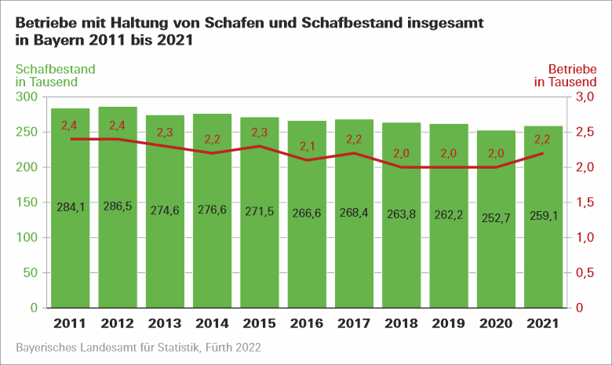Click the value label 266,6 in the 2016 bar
click(x=308, y=212)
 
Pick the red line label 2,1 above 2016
click(x=308, y=146)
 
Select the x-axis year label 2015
click(x=260, y=323)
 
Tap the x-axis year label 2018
click(x=402, y=323)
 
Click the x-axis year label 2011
click(x=70, y=323)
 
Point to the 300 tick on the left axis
click(x=27, y=97)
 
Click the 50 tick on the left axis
click(x=31, y=272)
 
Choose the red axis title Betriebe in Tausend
click(x=565, y=75)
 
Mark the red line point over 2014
click(x=213, y=153)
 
